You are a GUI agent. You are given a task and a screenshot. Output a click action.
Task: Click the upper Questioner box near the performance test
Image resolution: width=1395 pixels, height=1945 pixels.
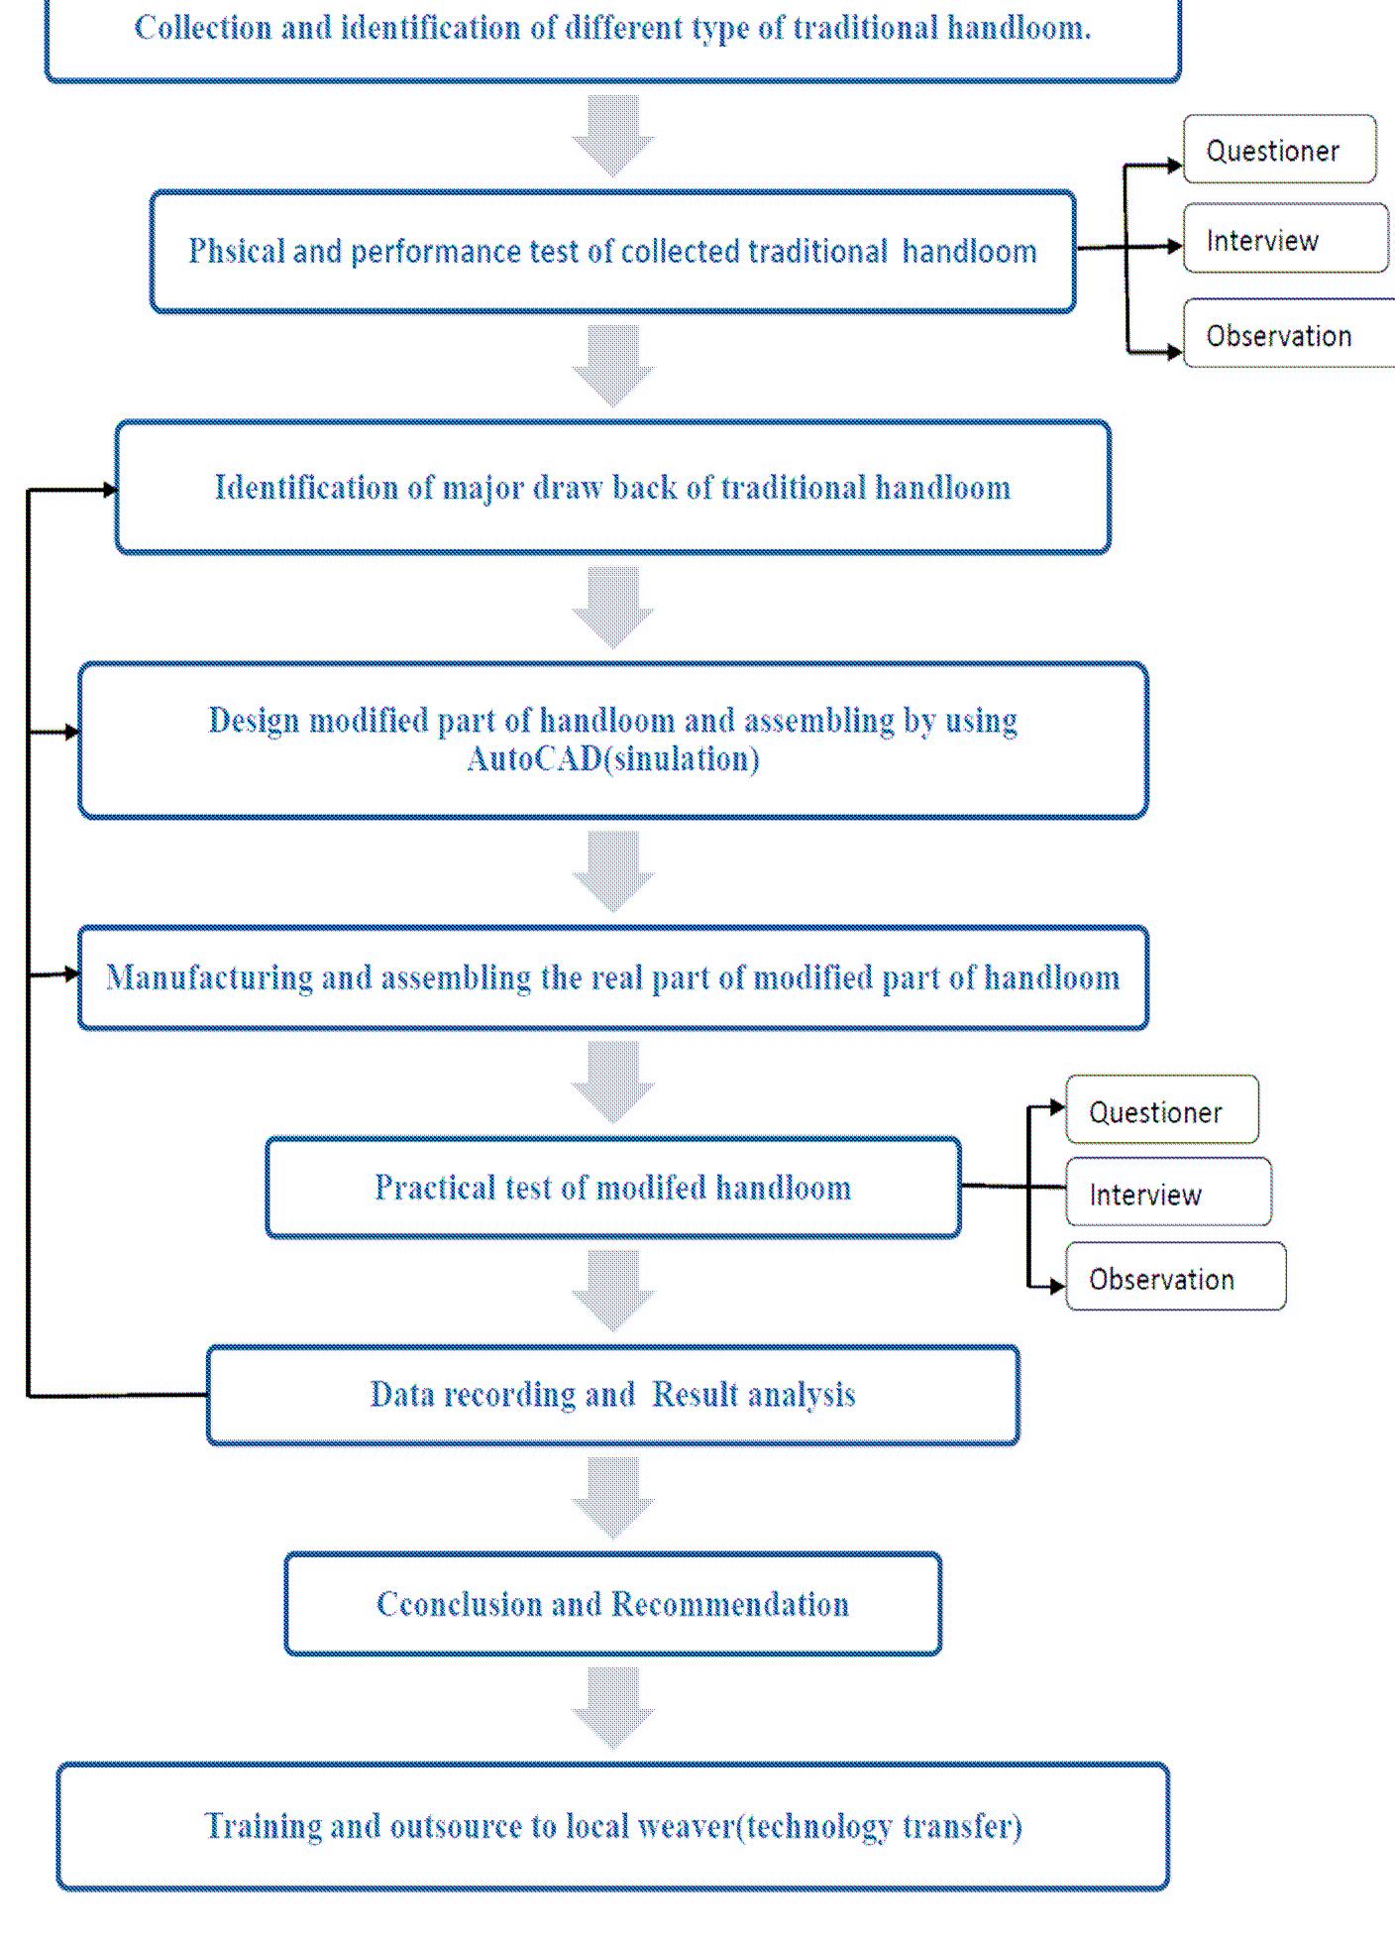1278,150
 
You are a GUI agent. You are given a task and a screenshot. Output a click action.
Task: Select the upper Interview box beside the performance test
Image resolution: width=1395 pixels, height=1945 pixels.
1284,239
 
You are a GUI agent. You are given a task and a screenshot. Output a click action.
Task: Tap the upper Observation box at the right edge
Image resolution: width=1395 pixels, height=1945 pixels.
1288,335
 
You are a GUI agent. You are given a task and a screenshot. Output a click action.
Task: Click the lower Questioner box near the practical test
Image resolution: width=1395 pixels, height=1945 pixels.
1161,1111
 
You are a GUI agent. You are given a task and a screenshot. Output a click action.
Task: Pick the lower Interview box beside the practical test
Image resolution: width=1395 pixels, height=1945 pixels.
1167,1194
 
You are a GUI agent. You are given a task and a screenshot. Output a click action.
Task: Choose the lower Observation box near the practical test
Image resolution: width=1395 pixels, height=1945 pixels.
1175,1278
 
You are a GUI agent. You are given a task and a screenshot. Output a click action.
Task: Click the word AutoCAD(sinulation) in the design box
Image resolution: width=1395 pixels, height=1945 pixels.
612,759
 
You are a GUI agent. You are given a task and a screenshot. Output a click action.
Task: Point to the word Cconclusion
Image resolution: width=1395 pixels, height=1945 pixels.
459,1603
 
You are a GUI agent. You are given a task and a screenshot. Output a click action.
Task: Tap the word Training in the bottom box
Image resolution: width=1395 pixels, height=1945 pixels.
263,1825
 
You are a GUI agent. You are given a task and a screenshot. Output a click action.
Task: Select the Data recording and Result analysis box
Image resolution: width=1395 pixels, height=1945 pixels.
612,1395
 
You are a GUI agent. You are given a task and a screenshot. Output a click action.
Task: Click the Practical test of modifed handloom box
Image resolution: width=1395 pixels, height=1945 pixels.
612,1188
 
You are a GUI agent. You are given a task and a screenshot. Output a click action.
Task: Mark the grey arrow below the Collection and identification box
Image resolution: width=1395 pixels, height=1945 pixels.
612,136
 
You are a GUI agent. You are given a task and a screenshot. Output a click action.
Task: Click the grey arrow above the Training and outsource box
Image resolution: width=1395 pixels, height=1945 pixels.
612,1707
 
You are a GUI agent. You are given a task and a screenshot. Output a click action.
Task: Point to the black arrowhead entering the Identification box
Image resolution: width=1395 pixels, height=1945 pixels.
110,489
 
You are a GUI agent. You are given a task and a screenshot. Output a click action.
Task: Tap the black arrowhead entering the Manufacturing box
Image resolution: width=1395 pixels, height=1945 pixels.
71,974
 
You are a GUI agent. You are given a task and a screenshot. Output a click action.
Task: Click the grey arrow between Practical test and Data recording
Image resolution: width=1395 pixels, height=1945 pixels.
612,1290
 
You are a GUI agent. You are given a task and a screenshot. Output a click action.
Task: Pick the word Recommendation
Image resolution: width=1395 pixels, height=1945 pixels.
730,1603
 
